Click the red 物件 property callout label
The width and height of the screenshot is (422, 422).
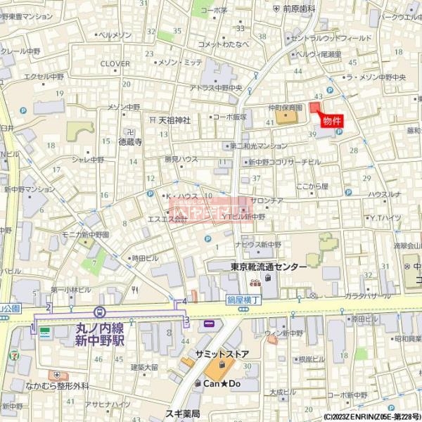[x=332, y=121]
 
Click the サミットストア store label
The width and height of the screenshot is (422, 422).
[x=222, y=354]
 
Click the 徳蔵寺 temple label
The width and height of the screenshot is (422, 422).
[x=130, y=141]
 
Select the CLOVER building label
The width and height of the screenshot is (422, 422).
[x=115, y=63]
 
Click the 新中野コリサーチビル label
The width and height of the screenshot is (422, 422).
[x=279, y=162]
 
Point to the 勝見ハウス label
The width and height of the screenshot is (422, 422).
[x=181, y=159]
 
